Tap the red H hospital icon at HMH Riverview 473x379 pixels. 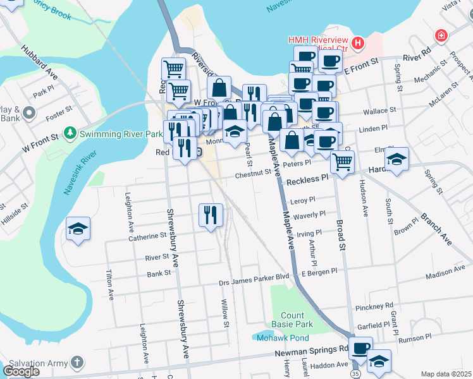359,43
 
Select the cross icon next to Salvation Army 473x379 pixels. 77,363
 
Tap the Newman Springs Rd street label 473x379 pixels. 312,348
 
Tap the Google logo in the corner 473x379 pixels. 21,371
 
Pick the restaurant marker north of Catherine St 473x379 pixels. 211,214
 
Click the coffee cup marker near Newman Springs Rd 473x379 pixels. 360,347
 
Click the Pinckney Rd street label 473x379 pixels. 374,307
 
